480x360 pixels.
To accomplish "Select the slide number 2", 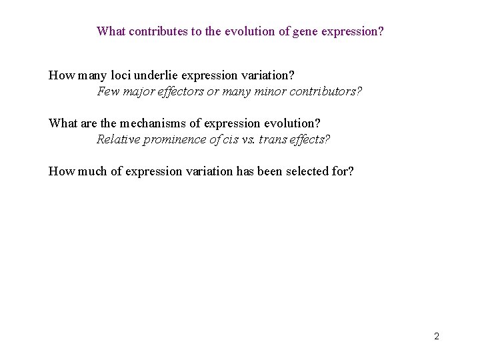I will tap(436, 336).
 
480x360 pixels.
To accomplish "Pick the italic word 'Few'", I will tap(108, 91).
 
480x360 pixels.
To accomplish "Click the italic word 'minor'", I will tap(268, 91).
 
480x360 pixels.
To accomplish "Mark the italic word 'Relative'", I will tap(117, 139).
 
